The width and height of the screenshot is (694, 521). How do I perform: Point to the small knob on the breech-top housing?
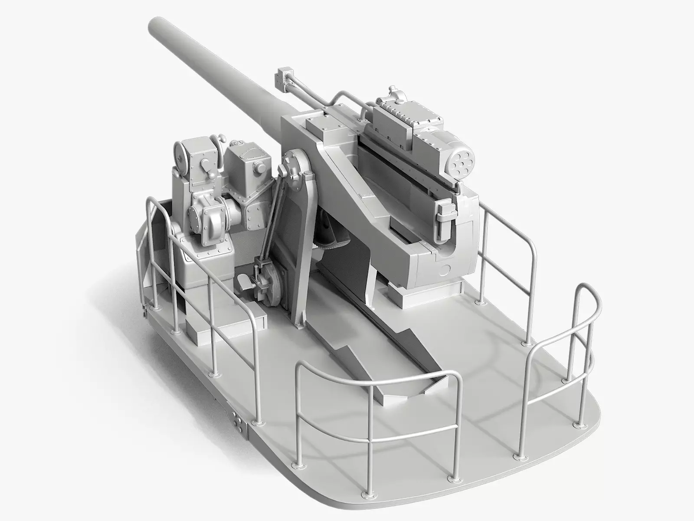pos(393,92)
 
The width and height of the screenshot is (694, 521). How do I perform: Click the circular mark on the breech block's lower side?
pos(445,271)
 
